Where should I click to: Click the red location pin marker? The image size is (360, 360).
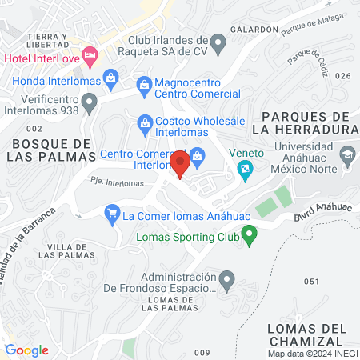(x=180, y=164)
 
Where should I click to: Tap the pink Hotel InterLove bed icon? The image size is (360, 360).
(x=90, y=55)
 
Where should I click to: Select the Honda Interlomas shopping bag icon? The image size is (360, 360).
(x=110, y=77)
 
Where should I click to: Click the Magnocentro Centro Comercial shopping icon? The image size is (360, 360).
(x=144, y=83)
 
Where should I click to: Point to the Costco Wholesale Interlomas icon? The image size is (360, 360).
(x=145, y=122)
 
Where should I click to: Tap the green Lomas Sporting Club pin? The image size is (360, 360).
(x=250, y=236)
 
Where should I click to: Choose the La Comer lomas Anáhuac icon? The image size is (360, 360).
(x=111, y=214)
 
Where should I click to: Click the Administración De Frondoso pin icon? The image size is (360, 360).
(x=227, y=280)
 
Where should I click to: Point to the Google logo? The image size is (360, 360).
(x=26, y=350)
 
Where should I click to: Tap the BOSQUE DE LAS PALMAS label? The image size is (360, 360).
(x=50, y=150)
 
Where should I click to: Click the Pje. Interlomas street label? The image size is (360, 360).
(x=118, y=183)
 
